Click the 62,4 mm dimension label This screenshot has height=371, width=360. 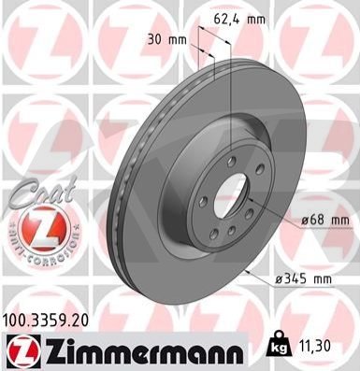(x=239, y=20)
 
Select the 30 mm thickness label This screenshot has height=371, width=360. (x=167, y=40)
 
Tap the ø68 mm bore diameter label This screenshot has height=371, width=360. (x=325, y=221)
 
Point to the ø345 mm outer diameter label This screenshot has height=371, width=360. (x=303, y=279)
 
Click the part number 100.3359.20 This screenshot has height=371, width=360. (x=46, y=320)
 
